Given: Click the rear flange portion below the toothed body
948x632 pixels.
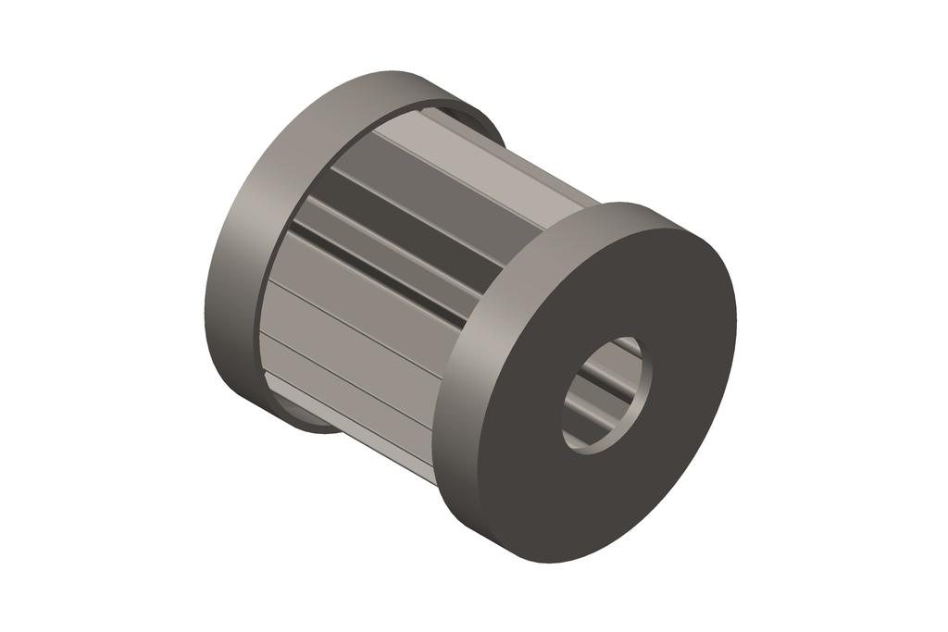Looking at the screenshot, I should pyautogui.click(x=306, y=421).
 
